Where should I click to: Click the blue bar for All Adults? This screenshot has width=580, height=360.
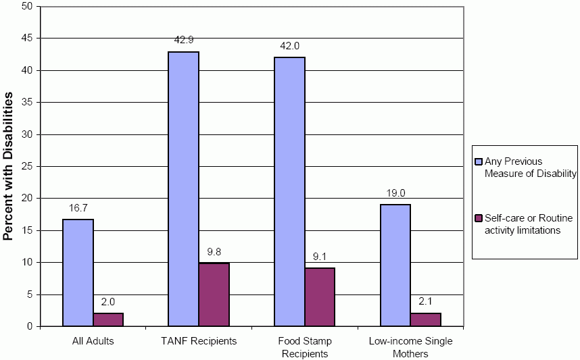(78, 272)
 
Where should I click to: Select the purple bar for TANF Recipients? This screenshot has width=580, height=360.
(214, 294)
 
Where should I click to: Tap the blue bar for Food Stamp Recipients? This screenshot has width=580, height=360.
(289, 192)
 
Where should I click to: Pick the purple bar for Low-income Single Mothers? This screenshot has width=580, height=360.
(425, 319)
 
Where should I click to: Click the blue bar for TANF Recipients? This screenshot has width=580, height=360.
(183, 189)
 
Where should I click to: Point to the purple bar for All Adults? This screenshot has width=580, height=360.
(108, 319)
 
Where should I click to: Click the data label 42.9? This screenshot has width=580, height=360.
(184, 41)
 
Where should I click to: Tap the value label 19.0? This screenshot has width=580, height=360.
(395, 193)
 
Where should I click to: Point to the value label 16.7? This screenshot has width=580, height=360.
(78, 208)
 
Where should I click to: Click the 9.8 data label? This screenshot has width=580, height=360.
(214, 252)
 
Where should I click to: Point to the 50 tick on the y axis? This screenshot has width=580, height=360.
(27, 7)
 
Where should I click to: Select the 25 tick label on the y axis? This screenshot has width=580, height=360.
(27, 166)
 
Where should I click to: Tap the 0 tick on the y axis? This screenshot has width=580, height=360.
(30, 326)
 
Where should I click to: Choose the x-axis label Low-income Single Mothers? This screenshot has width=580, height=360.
(410, 347)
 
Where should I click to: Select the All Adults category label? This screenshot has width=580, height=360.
(93, 341)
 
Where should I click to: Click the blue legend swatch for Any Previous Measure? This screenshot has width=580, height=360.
(479, 161)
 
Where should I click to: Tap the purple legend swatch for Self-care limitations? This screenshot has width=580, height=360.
(479, 218)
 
